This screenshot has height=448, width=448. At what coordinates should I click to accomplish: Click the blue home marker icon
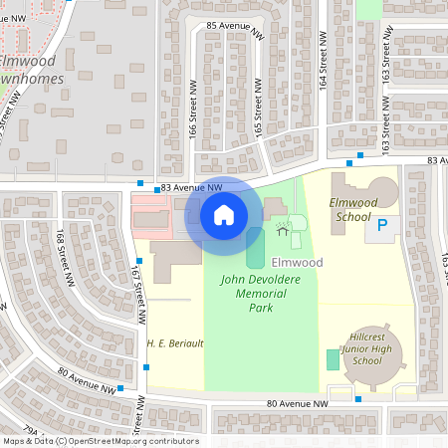pos(224,214)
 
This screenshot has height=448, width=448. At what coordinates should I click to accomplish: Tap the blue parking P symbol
pos(380,229)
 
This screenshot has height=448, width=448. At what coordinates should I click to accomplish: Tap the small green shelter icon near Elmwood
pos(283,229)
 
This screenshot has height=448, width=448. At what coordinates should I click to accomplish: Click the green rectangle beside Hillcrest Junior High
pos(332,359)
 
